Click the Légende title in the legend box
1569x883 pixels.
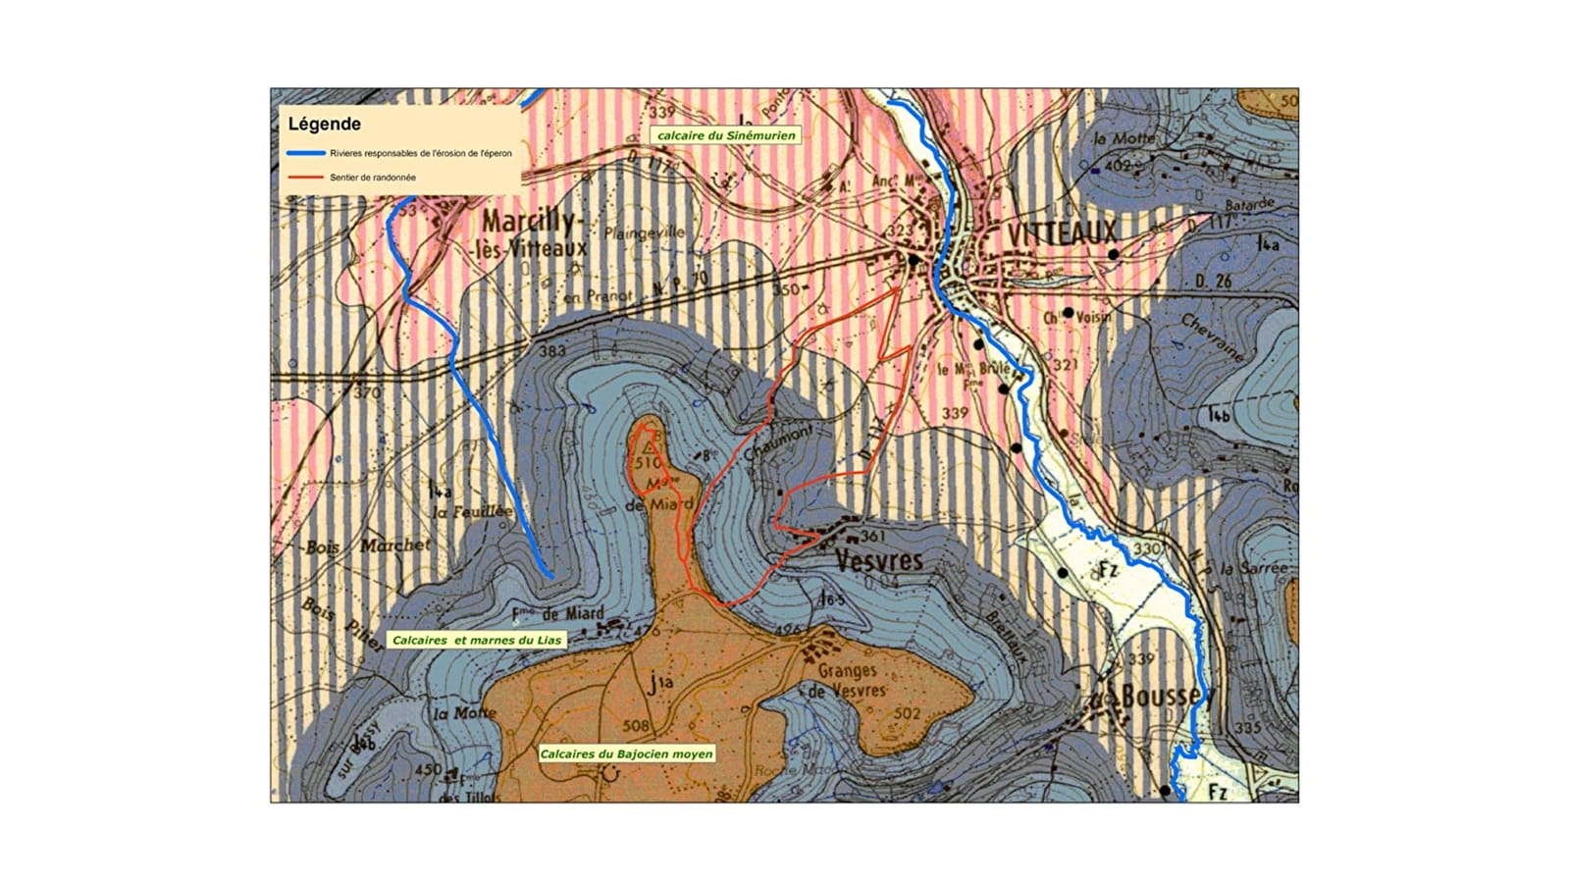324,125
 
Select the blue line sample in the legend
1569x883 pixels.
305,153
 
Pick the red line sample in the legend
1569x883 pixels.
305,178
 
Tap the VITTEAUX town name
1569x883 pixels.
1062,233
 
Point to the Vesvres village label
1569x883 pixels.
878,560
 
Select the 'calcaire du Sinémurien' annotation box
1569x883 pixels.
725,135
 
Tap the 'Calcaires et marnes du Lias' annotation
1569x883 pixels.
477,640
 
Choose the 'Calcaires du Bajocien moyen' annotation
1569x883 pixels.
626,753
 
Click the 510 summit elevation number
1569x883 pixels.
649,463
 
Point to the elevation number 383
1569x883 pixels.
552,351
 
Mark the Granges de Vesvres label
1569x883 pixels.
847,680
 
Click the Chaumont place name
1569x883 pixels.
778,442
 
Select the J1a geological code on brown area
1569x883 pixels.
659,684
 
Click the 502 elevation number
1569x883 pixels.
908,713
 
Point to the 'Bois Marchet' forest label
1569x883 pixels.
368,545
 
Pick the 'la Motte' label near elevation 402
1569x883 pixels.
1124,139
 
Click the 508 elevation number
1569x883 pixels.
636,726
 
